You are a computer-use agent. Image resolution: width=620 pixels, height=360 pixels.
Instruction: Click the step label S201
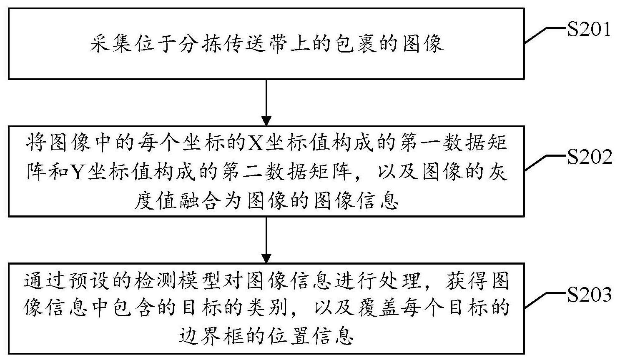point(589,29)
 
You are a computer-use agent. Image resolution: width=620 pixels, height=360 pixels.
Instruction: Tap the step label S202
point(590,157)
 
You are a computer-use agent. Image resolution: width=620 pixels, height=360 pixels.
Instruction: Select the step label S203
point(589,295)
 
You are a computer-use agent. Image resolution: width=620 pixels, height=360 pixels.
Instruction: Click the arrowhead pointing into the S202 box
point(266,121)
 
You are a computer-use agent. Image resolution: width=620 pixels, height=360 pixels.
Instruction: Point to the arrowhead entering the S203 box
point(266,258)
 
